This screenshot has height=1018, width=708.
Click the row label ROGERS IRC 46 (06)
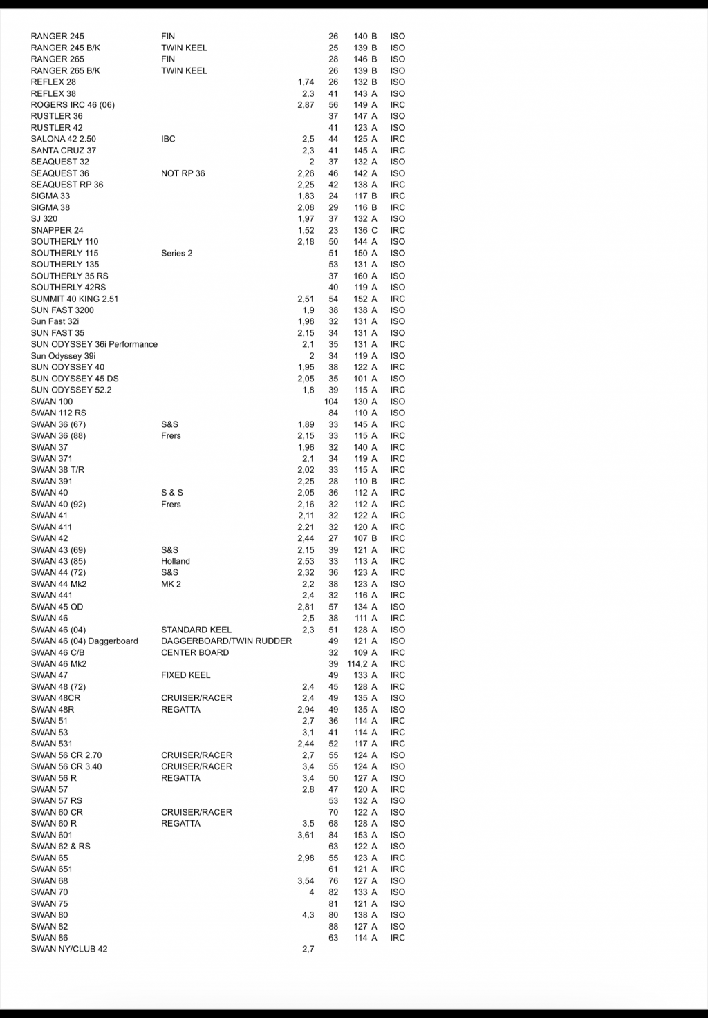[73, 105]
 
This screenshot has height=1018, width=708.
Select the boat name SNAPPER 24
[57, 230]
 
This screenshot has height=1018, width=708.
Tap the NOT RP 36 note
[183, 173]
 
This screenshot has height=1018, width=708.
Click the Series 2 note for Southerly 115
[176, 253]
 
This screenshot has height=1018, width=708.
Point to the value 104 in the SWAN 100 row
[331, 402]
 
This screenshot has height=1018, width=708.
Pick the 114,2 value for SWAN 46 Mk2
[357, 664]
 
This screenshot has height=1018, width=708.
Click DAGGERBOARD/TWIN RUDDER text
[226, 641]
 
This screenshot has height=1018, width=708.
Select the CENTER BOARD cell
[194, 652]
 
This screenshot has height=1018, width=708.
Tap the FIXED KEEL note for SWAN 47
[185, 675]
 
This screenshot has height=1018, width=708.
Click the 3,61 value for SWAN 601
[306, 835]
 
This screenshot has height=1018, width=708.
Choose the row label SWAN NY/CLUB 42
[69, 949]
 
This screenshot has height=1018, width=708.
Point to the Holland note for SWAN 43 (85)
[175, 561]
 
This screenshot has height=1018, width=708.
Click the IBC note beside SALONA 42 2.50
[168, 139]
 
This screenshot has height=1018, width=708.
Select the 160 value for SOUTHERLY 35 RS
[361, 276]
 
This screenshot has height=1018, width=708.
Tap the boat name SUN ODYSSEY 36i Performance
[94, 344]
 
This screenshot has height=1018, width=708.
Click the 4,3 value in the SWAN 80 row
[308, 915]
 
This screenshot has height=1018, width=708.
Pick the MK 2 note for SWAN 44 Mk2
[171, 584]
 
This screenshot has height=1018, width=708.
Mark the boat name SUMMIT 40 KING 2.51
[75, 299]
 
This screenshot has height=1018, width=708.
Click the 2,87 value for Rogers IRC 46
[306, 105]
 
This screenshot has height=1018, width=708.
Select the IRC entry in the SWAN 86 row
[398, 938]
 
